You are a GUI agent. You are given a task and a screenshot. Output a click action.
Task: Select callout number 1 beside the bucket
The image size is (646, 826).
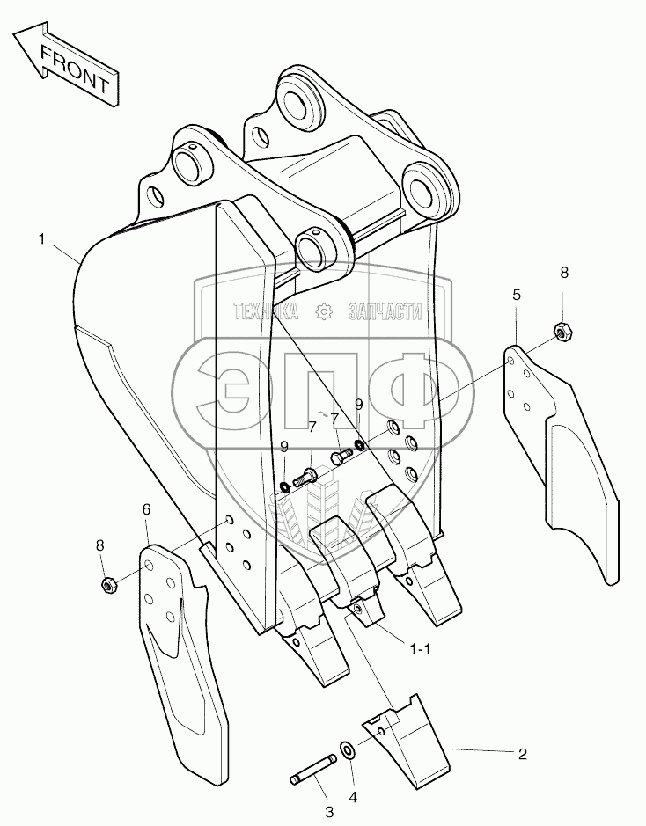41,238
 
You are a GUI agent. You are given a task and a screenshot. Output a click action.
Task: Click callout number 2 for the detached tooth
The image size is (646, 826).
522,753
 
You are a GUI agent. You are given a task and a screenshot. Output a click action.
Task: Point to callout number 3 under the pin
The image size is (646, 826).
328,811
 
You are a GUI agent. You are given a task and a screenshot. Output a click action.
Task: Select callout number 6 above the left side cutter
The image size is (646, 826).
146,509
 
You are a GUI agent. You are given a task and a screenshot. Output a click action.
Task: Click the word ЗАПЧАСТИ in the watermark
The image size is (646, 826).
386,311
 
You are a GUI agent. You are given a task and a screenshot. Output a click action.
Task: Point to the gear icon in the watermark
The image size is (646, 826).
323,311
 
